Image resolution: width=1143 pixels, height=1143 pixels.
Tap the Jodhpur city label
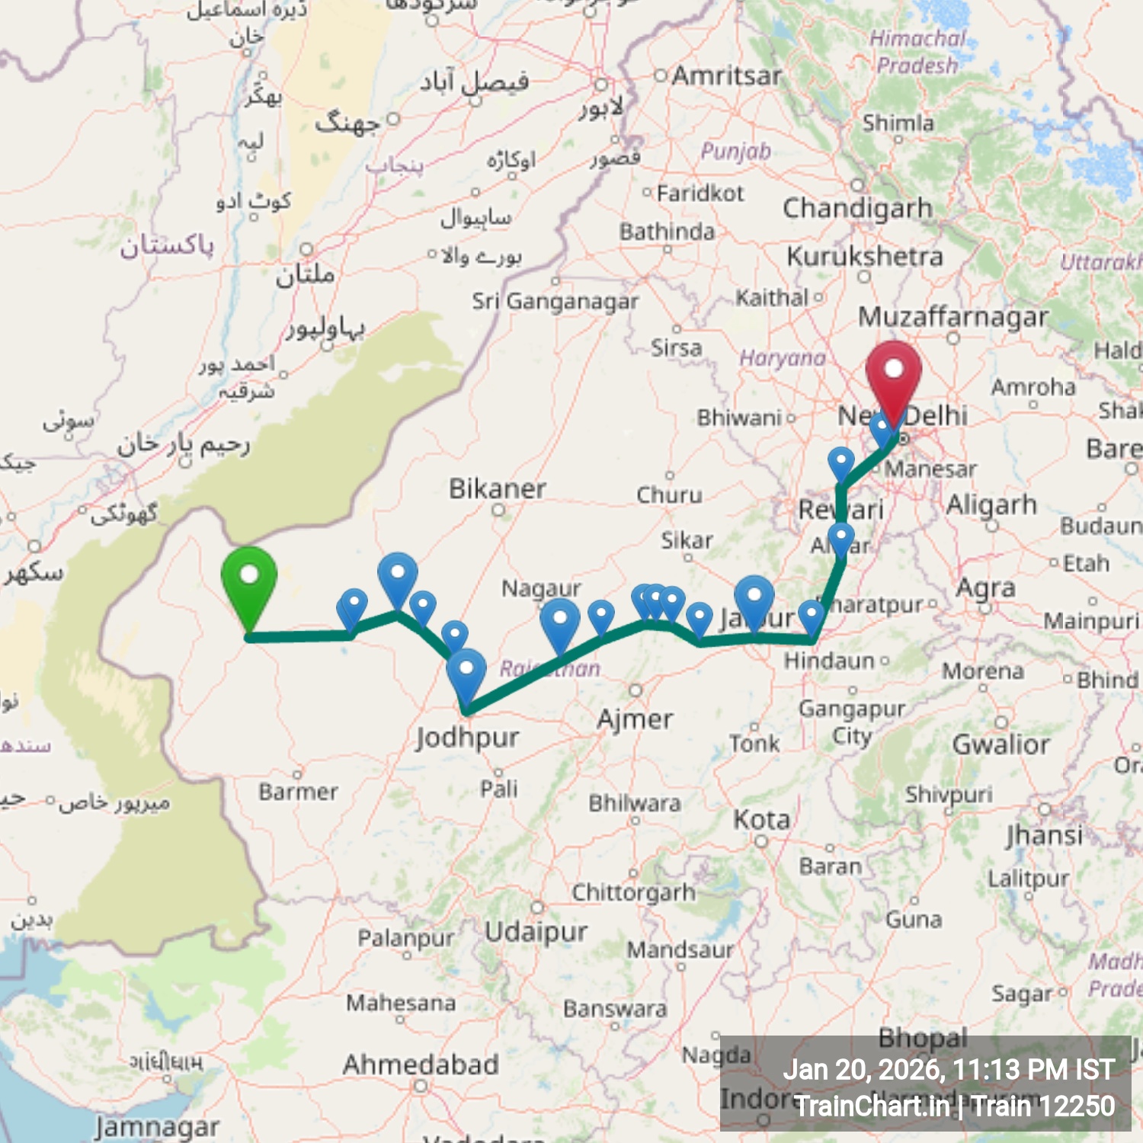click(467, 738)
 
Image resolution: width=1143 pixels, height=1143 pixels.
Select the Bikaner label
click(497, 488)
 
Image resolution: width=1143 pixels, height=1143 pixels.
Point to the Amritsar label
click(726, 75)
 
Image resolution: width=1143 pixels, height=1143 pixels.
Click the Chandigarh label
click(857, 207)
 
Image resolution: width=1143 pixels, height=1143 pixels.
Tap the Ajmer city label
click(635, 719)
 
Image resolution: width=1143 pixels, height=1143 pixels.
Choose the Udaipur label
click(536, 931)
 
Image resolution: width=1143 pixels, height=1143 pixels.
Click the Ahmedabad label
click(421, 1064)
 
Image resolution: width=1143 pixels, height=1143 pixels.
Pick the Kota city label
click(761, 819)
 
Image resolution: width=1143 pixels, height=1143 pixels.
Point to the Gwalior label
click(1001, 744)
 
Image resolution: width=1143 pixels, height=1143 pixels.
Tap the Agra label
click(985, 588)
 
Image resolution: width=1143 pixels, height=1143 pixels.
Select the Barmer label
click(298, 792)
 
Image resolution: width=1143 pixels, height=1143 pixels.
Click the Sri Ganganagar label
click(555, 302)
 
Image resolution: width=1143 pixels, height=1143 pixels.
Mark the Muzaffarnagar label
click(953, 316)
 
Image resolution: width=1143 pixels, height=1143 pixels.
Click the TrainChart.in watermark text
click(872, 1106)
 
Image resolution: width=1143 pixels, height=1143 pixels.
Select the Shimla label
click(898, 123)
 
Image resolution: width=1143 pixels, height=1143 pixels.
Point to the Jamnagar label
click(157, 1127)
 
